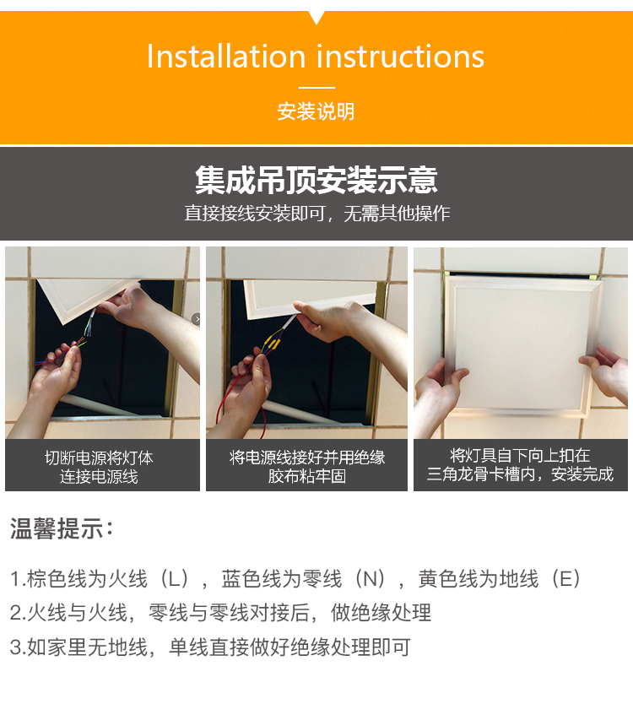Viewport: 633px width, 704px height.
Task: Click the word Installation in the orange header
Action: coord(226,57)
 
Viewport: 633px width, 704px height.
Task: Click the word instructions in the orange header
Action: coord(400,57)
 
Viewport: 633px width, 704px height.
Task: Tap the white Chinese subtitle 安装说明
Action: coord(316,111)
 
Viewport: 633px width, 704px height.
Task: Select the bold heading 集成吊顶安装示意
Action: coord(316,180)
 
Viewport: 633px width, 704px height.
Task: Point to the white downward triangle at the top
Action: coord(316,17)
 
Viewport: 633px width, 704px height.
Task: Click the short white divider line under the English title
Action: coord(316,88)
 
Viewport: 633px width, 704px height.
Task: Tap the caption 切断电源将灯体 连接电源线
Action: coord(99,467)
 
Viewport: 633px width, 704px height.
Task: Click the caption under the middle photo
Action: coord(307,467)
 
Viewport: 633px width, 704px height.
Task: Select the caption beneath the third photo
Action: coord(520,465)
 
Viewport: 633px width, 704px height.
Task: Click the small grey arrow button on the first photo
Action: coord(196,319)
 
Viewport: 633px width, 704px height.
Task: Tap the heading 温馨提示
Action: coord(62,528)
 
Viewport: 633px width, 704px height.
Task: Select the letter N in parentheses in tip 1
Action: coord(370,579)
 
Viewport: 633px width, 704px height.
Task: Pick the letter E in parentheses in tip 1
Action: coord(565,579)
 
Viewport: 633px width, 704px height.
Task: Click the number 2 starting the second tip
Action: coord(15,613)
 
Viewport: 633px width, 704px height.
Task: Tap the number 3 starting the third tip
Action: coord(15,647)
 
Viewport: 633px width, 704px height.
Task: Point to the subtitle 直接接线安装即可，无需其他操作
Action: coord(316,214)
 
